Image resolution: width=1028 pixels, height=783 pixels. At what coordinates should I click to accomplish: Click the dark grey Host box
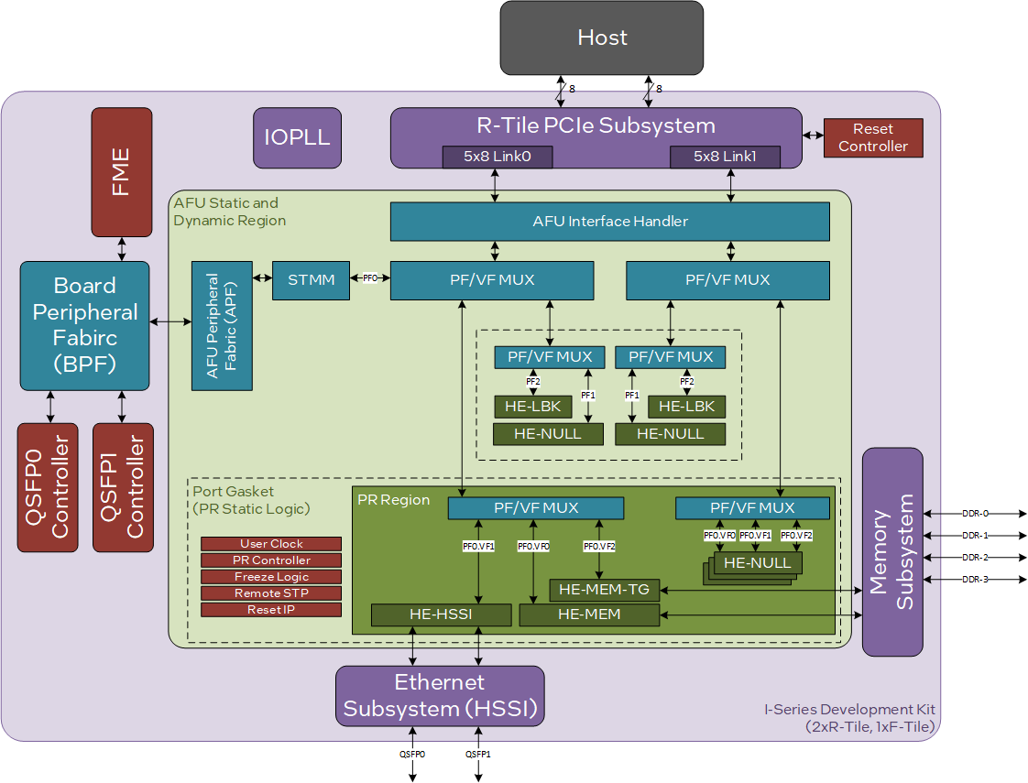click(x=602, y=38)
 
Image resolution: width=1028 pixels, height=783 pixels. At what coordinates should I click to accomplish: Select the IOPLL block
click(x=297, y=138)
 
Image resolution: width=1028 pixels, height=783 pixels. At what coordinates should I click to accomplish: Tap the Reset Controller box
click(x=872, y=137)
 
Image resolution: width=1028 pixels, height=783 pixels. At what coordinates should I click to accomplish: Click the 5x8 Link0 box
click(x=498, y=157)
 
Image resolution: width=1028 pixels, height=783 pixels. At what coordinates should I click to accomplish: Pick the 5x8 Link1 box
click(x=725, y=157)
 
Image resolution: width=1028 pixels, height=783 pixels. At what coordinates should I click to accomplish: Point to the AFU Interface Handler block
click(x=609, y=222)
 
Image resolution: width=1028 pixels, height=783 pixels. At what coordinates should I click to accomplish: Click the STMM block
click(x=311, y=279)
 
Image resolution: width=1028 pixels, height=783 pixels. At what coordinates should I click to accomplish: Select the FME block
click(x=122, y=171)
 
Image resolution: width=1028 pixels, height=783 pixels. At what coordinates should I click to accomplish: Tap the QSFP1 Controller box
click(x=123, y=487)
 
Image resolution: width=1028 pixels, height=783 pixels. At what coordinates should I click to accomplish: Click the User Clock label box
click(x=271, y=544)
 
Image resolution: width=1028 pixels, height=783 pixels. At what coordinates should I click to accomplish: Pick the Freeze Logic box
click(x=271, y=577)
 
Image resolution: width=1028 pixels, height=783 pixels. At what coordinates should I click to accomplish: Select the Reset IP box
click(x=271, y=610)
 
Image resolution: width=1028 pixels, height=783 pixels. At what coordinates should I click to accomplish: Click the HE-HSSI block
click(x=441, y=614)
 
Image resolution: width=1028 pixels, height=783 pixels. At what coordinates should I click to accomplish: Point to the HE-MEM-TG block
click(x=604, y=590)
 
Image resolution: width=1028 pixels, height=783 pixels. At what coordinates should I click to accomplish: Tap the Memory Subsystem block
click(x=892, y=551)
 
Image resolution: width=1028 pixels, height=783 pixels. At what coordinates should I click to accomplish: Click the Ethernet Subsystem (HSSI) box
click(x=440, y=696)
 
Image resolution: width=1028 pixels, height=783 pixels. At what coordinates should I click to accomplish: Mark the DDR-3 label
click(x=975, y=579)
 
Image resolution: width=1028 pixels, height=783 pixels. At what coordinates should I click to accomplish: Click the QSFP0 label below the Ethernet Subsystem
click(x=412, y=755)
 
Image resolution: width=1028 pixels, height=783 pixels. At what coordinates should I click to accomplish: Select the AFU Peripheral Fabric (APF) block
click(x=222, y=325)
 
